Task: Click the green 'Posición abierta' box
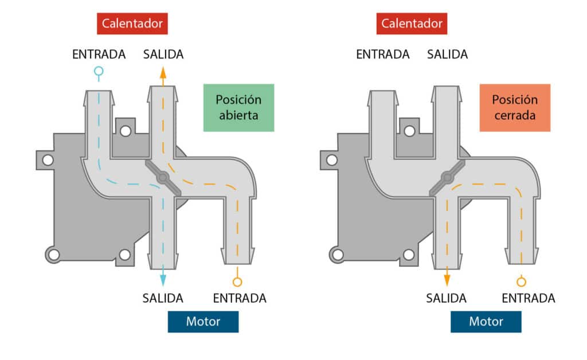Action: tap(238, 107)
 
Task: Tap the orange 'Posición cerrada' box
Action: tap(515, 107)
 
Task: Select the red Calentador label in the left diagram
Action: tap(132, 24)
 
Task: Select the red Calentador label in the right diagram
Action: tap(412, 24)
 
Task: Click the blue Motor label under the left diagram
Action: tap(203, 321)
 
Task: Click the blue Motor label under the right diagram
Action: tap(486, 321)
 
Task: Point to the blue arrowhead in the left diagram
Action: tap(163, 279)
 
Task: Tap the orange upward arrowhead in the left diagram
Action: tap(163, 73)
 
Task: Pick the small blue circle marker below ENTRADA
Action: tap(99, 72)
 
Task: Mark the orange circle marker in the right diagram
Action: tap(521, 281)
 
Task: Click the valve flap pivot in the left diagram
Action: tap(163, 178)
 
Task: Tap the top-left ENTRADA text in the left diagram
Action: tap(99, 54)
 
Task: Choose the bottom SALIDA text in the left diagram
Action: tap(163, 298)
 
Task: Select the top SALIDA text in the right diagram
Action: tap(447, 54)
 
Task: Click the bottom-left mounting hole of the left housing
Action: tap(53, 254)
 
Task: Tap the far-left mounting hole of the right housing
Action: tap(330, 159)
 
